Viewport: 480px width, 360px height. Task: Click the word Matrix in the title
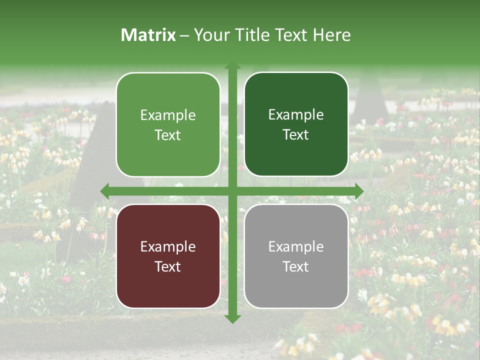click(148, 35)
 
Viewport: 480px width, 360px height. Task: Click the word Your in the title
click(210, 35)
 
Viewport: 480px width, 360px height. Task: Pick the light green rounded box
click(168, 124)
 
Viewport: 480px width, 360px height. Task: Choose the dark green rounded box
click(296, 124)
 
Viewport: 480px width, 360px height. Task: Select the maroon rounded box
click(168, 256)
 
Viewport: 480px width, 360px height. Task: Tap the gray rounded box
click(296, 256)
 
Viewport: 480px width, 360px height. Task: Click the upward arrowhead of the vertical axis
click(232, 65)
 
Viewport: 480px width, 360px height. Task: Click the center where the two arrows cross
click(232, 191)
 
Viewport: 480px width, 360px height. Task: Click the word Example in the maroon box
click(168, 246)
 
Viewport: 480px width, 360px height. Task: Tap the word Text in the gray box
click(296, 266)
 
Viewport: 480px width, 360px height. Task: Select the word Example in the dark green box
click(296, 114)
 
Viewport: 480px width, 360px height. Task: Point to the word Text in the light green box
click(168, 135)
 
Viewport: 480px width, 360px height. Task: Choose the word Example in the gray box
click(296, 246)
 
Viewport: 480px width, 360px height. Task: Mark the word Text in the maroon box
click(168, 266)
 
